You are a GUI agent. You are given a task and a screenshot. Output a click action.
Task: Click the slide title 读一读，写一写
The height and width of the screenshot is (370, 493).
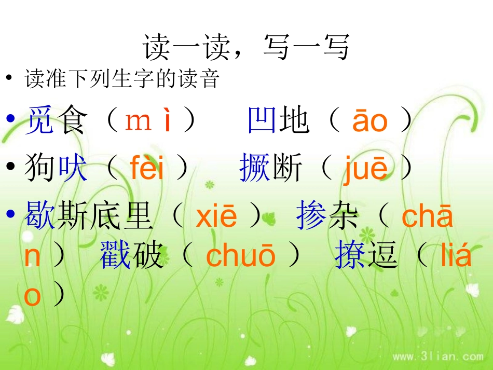[246, 48]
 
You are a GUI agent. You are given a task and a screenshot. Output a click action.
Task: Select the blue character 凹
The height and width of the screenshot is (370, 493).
[263, 120]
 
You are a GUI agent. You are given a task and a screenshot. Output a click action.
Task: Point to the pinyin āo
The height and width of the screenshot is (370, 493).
[369, 121]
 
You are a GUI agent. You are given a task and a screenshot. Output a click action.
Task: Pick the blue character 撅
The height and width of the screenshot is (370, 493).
[255, 169]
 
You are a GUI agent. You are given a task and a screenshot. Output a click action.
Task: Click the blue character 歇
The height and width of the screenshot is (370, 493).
[39, 217]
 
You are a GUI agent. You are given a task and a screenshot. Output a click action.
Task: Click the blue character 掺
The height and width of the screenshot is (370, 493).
[311, 217]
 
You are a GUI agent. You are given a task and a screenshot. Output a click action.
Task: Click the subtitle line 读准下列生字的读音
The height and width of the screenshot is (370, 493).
[122, 80]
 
